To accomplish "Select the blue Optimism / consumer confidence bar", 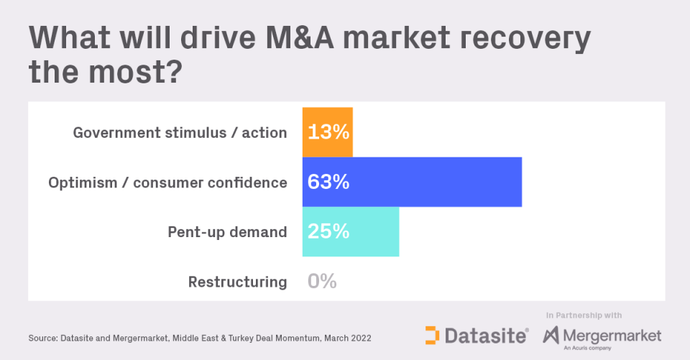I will [431, 182].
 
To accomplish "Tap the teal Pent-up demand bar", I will [374, 231].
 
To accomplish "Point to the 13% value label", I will [328, 133].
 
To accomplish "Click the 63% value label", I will [328, 183].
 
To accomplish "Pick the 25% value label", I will [328, 232].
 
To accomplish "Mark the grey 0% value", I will [322, 282].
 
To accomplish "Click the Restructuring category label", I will [237, 282].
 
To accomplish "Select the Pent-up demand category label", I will [227, 232].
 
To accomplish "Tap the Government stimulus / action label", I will [180, 133].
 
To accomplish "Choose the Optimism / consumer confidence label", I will [167, 183].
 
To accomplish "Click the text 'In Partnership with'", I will [584, 315].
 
